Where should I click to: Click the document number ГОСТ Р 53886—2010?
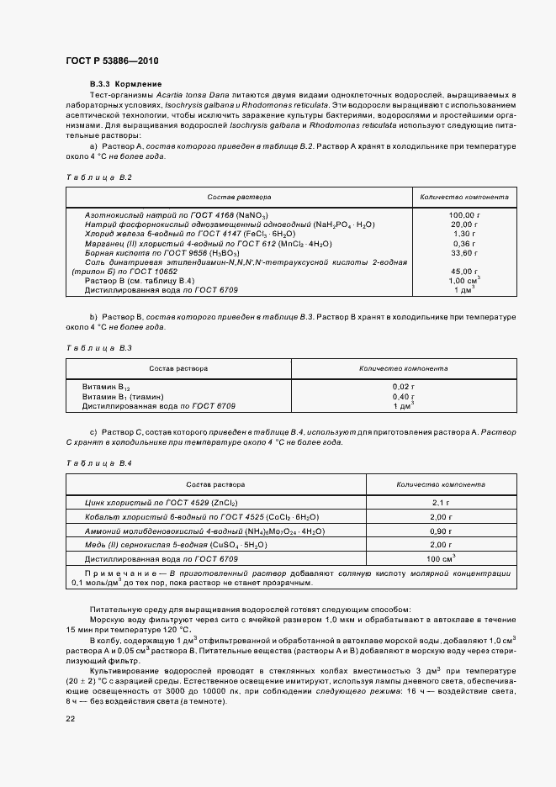(111, 61)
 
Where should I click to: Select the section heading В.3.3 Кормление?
(125, 85)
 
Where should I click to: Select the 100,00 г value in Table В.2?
(463, 215)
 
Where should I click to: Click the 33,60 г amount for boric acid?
(463, 252)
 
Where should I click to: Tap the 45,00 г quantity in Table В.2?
(463, 271)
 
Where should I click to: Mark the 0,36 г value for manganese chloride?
(463, 243)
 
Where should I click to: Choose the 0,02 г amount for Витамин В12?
(404, 385)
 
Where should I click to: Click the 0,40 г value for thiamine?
(404, 395)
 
